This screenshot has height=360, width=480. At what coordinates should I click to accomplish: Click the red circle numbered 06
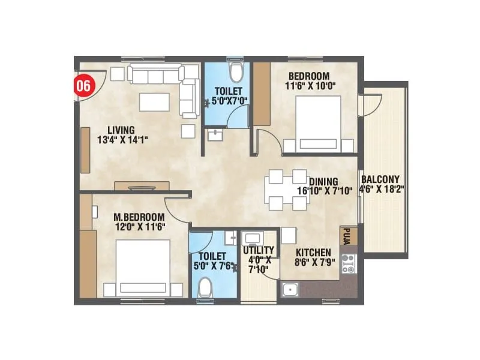83,85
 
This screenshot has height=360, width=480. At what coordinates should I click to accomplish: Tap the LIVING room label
121,130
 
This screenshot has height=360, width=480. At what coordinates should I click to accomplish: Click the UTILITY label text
259,250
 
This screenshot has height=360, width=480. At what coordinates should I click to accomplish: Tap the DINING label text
323,181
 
